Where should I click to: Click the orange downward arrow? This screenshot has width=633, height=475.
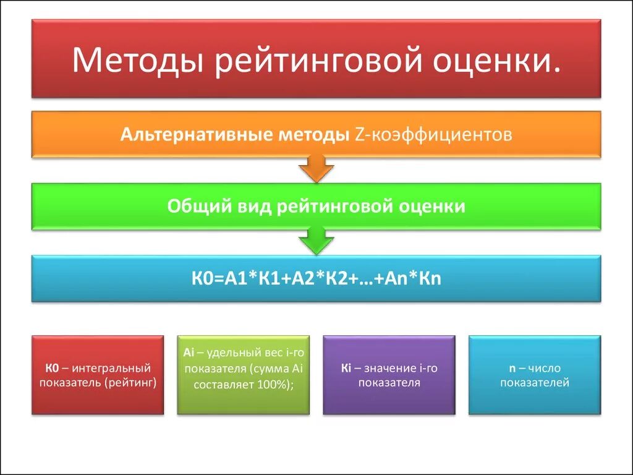[x=316, y=169]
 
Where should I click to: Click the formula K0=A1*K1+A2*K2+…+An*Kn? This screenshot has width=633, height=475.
[x=316, y=279]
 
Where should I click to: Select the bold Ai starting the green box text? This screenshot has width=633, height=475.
[x=189, y=353]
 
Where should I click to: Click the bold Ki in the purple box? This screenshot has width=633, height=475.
[x=346, y=369]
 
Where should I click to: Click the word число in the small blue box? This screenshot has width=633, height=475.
[x=545, y=369]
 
